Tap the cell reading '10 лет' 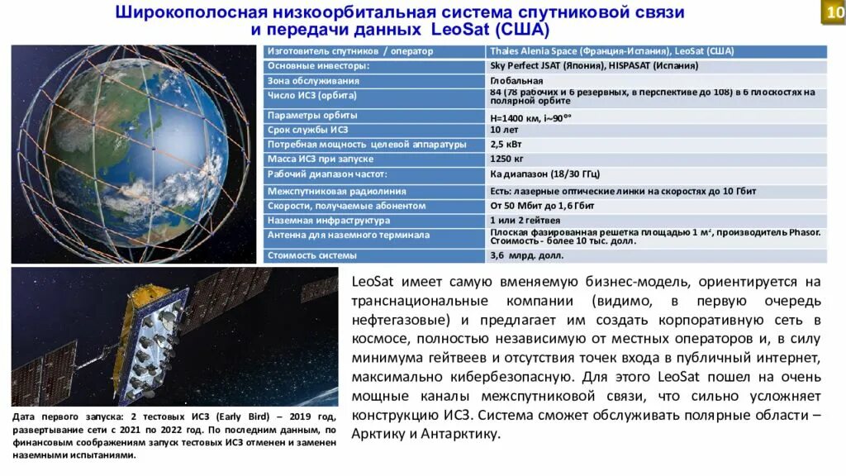point(505,130)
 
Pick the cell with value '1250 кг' point(507,159)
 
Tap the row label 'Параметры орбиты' point(311,116)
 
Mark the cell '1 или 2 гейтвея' point(525,221)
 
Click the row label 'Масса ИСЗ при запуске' point(321,159)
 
